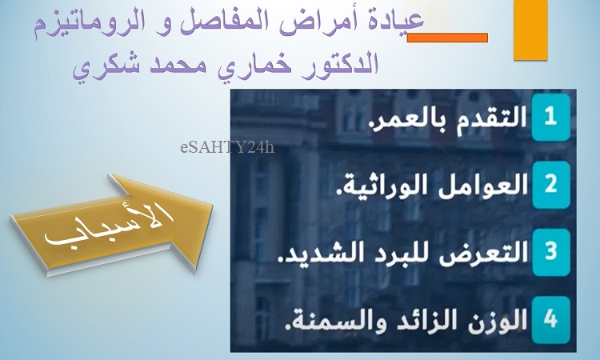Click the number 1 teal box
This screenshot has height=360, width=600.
[x=550, y=118]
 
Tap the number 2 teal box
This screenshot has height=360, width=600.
[x=550, y=185]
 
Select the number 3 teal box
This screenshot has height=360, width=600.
[x=550, y=252]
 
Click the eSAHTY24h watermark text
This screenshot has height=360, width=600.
[x=227, y=147]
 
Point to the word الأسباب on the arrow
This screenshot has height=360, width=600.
[x=109, y=225]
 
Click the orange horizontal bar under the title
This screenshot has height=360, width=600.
[x=447, y=38]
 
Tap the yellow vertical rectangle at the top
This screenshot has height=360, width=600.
[x=530, y=30]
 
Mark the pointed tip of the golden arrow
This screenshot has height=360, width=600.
[x=212, y=205]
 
